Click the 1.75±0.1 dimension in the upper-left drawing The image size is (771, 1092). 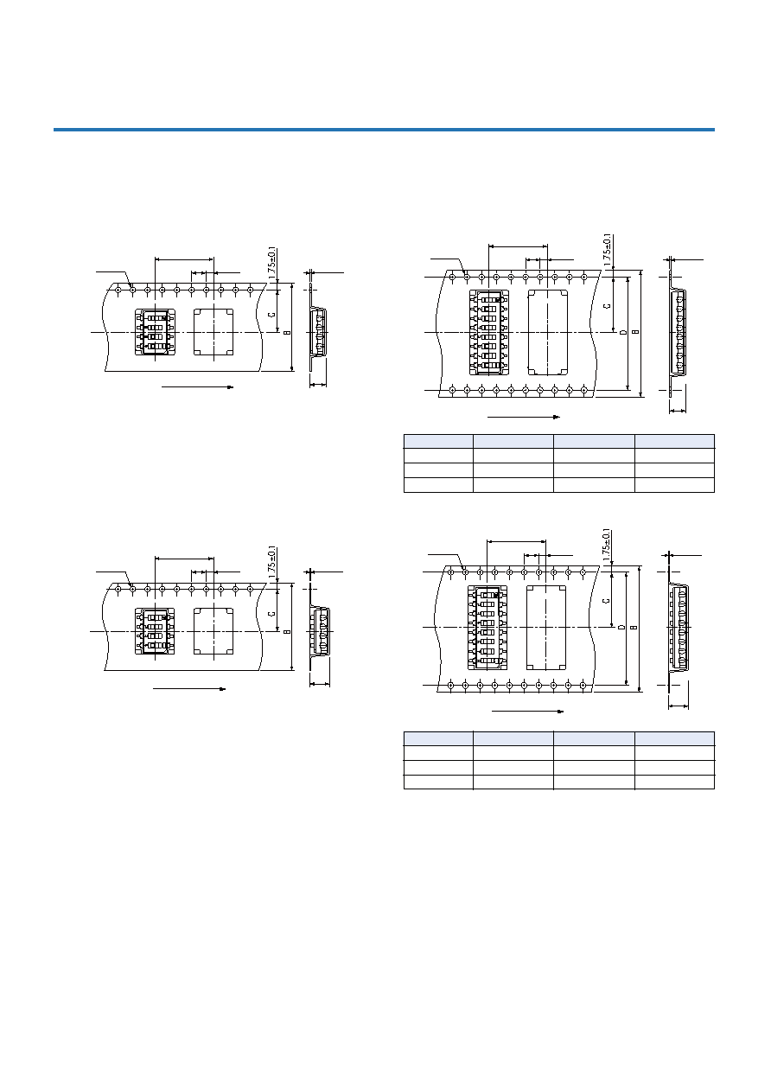click(272, 263)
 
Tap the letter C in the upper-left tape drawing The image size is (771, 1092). click(272, 314)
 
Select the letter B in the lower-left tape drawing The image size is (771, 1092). click(287, 631)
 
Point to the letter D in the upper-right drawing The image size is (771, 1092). click(623, 333)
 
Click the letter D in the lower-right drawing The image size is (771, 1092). click(621, 627)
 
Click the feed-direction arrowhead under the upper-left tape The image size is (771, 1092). click(231, 387)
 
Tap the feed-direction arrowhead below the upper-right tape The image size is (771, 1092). click(557, 417)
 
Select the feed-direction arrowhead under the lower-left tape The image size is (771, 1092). click(222, 689)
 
